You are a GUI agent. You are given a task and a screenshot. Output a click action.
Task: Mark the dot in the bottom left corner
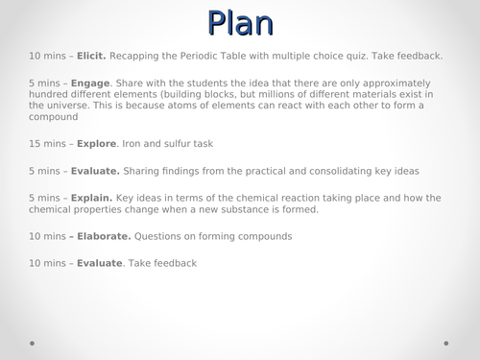tap(32, 342)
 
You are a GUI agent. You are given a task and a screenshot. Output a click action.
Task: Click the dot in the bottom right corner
tap(447, 342)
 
